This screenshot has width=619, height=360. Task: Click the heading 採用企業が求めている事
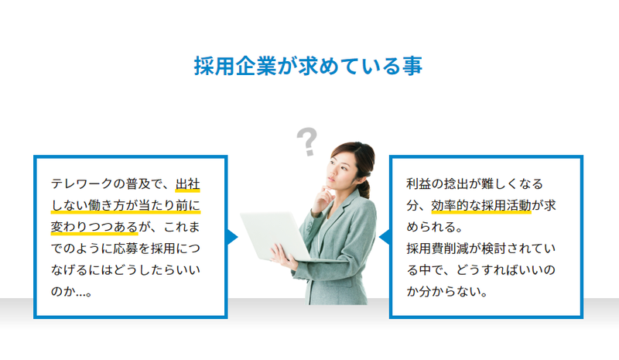(308, 66)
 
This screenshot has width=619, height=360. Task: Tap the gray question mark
(306, 142)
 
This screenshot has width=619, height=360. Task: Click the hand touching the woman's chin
(323, 200)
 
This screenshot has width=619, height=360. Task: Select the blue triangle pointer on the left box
(233, 237)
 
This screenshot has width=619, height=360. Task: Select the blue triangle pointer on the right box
(384, 237)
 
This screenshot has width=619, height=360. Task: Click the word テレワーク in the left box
(82, 184)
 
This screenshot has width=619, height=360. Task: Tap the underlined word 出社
(188, 184)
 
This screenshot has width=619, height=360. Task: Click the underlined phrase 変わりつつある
(94, 227)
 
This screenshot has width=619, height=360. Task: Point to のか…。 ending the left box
(72, 292)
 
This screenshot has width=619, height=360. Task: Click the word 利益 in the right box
(419, 184)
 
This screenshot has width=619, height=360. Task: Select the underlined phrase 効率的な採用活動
(481, 205)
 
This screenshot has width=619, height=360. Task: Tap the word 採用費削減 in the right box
(438, 249)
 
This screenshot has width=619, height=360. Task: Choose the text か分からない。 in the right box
(447, 292)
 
